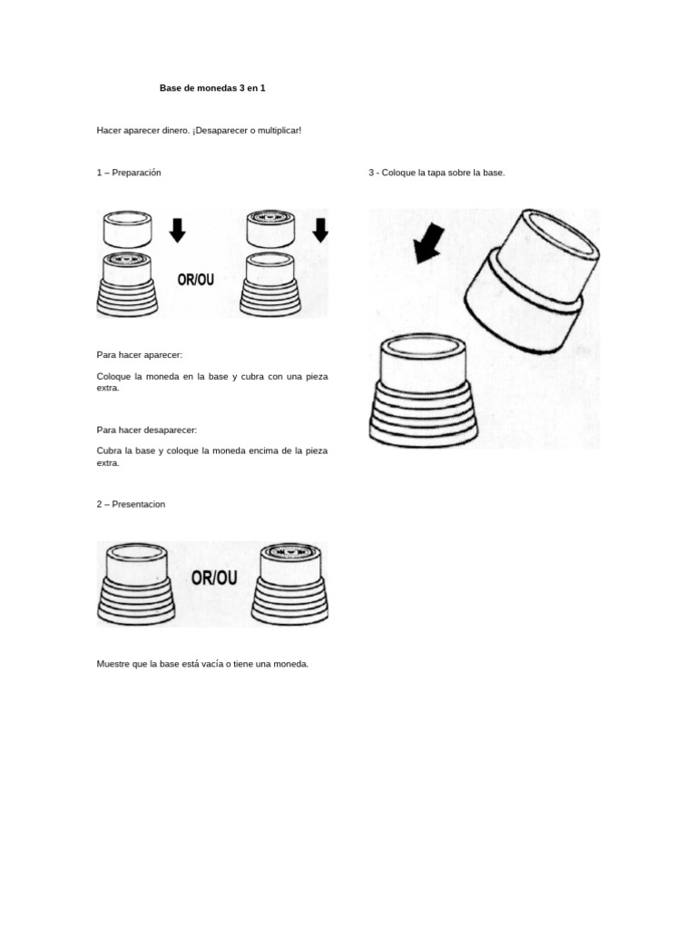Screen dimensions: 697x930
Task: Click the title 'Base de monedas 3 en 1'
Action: click(212, 88)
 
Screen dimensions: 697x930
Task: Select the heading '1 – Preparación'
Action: click(129, 173)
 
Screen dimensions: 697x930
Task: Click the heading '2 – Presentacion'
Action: click(131, 504)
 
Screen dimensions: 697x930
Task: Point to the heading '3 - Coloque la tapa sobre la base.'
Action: click(437, 173)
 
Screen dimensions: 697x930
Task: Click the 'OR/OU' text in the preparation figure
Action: click(196, 280)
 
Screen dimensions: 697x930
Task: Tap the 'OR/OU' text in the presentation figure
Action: click(214, 578)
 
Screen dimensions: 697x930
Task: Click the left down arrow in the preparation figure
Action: click(177, 230)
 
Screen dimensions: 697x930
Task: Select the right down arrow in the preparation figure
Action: click(320, 230)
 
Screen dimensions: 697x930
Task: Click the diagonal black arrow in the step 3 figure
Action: click(428, 243)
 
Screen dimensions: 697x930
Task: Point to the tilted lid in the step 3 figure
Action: click(531, 282)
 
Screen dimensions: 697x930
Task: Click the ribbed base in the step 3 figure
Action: click(423, 390)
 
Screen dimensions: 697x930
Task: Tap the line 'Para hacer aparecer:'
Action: click(139, 355)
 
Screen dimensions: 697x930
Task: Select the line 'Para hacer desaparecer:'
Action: click(146, 430)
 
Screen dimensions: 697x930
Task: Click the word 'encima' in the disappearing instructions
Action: click(264, 450)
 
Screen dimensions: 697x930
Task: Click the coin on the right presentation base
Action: click(290, 551)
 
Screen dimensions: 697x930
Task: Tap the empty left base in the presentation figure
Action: click(136, 584)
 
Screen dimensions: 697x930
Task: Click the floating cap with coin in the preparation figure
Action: click(270, 228)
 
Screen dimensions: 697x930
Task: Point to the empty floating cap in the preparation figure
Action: click(127, 229)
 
